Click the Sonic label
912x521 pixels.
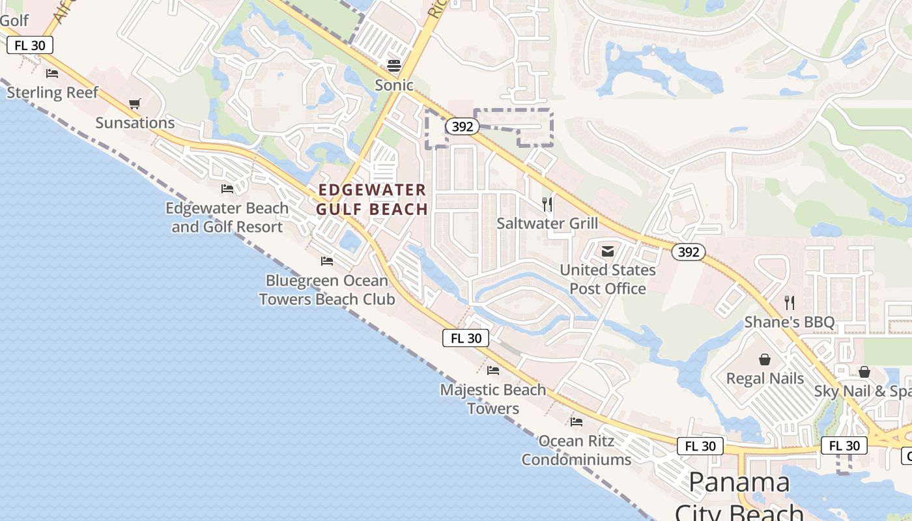394,85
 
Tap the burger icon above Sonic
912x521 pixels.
393,65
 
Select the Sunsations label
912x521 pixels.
135,122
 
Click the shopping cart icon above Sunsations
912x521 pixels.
135,104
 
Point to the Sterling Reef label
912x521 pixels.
52,92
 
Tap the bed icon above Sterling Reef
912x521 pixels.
52,73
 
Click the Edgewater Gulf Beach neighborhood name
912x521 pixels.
372,199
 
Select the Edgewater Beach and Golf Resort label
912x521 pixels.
227,218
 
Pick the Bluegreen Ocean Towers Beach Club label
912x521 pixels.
327,290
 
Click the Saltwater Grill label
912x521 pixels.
547,223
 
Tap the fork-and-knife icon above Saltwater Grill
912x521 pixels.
547,204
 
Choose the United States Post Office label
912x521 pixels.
608,279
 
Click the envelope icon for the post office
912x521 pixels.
608,251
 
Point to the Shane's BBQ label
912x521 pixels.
790,322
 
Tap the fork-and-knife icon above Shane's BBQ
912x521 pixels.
790,302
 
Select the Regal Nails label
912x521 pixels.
765,378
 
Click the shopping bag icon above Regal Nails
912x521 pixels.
765,359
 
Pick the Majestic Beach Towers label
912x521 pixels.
493,399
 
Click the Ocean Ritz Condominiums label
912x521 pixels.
577,450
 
